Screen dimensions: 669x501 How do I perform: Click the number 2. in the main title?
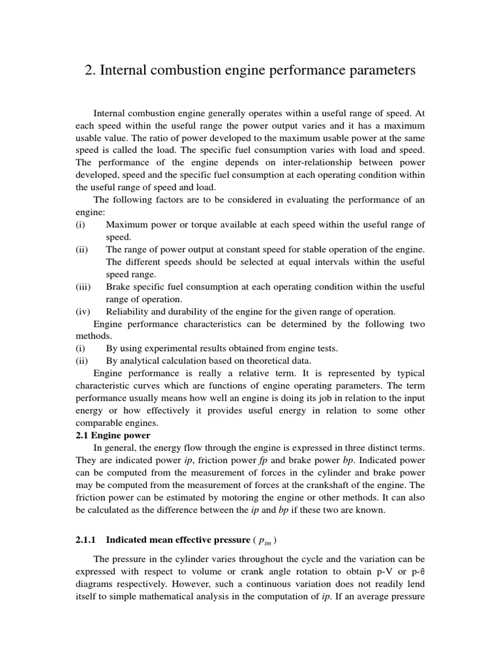coord(91,71)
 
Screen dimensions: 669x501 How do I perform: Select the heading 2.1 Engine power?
coord(112,435)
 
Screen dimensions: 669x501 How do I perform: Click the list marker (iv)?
coord(83,312)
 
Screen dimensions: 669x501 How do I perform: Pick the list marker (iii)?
coord(83,287)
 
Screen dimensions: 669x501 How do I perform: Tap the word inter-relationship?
coord(313,163)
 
